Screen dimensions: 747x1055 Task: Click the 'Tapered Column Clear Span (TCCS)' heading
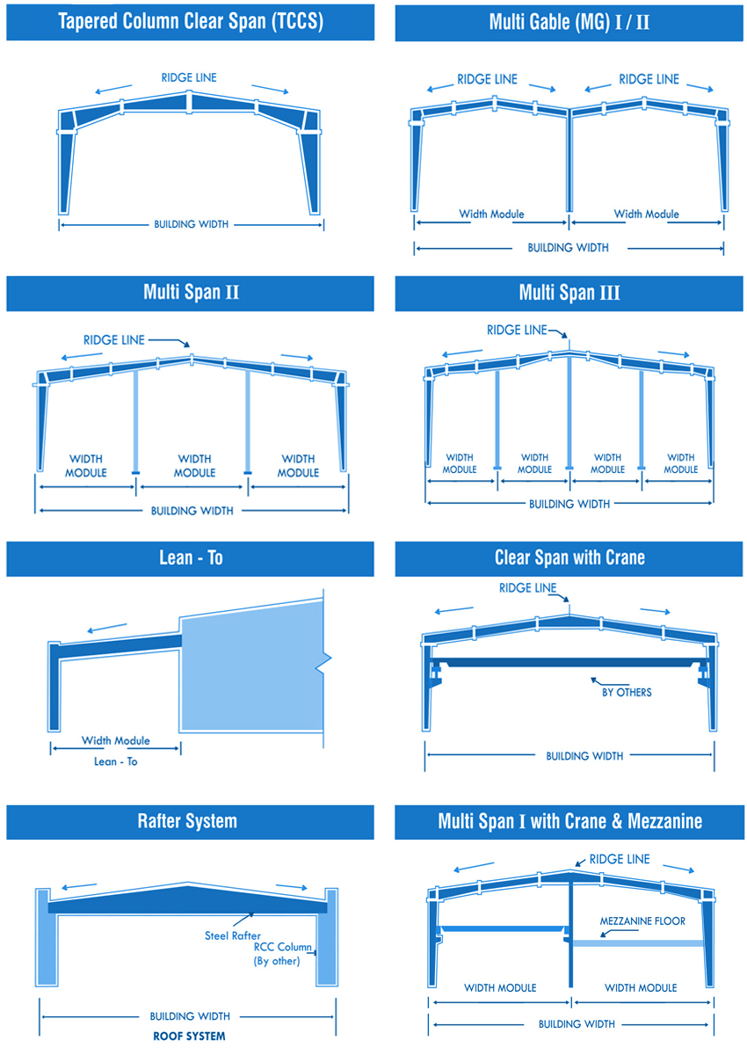pos(190,22)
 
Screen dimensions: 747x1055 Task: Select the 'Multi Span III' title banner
pos(569,294)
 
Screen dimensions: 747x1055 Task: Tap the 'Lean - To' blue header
pos(190,558)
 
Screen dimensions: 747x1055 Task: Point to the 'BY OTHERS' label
pos(627,693)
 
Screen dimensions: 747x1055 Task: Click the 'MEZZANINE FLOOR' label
pos(642,920)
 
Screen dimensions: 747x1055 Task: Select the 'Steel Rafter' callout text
pos(233,935)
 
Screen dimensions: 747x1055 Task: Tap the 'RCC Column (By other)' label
pos(282,954)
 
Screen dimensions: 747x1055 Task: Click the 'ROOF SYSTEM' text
pos(189,1037)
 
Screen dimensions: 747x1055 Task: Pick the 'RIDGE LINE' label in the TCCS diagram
pos(189,77)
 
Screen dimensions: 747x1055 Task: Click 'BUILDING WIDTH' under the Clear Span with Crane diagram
pos(584,756)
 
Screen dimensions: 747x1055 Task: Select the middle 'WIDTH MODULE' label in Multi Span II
pos(194,466)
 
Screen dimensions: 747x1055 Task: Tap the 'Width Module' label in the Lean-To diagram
pos(115,740)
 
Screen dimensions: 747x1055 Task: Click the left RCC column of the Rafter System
pos(46,938)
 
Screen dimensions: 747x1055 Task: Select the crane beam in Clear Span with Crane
pos(569,662)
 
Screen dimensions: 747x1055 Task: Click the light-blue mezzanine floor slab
pos(637,943)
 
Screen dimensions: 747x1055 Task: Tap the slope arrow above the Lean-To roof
pos(107,628)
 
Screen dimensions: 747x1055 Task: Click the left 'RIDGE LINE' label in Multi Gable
pos(487,79)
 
